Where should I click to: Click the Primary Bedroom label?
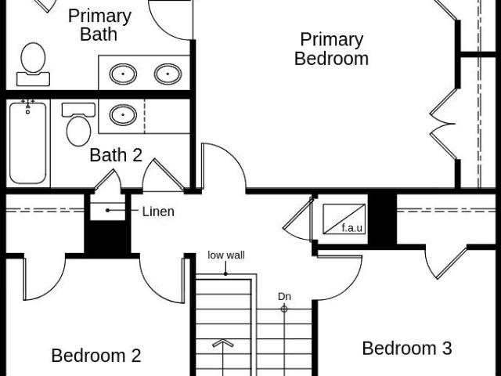click(331, 49)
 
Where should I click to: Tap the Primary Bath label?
click(99, 25)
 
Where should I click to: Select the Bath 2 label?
click(116, 155)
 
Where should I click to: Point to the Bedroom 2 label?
click(96, 356)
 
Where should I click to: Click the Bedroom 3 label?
click(407, 348)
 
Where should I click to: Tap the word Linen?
click(158, 211)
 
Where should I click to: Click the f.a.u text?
click(351, 228)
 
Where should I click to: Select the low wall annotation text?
click(226, 255)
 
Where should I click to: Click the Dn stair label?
click(284, 297)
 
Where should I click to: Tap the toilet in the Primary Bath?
click(33, 64)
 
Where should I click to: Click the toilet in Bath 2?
click(78, 125)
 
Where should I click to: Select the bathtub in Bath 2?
click(28, 143)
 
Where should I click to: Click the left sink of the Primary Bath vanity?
click(123, 74)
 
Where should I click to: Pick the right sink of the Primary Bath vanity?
click(168, 74)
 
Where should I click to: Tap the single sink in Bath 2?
click(123, 115)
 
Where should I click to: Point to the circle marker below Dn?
click(284, 309)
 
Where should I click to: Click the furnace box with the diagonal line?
click(344, 219)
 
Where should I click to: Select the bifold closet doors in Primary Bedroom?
click(444, 124)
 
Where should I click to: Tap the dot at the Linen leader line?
click(108, 210)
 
